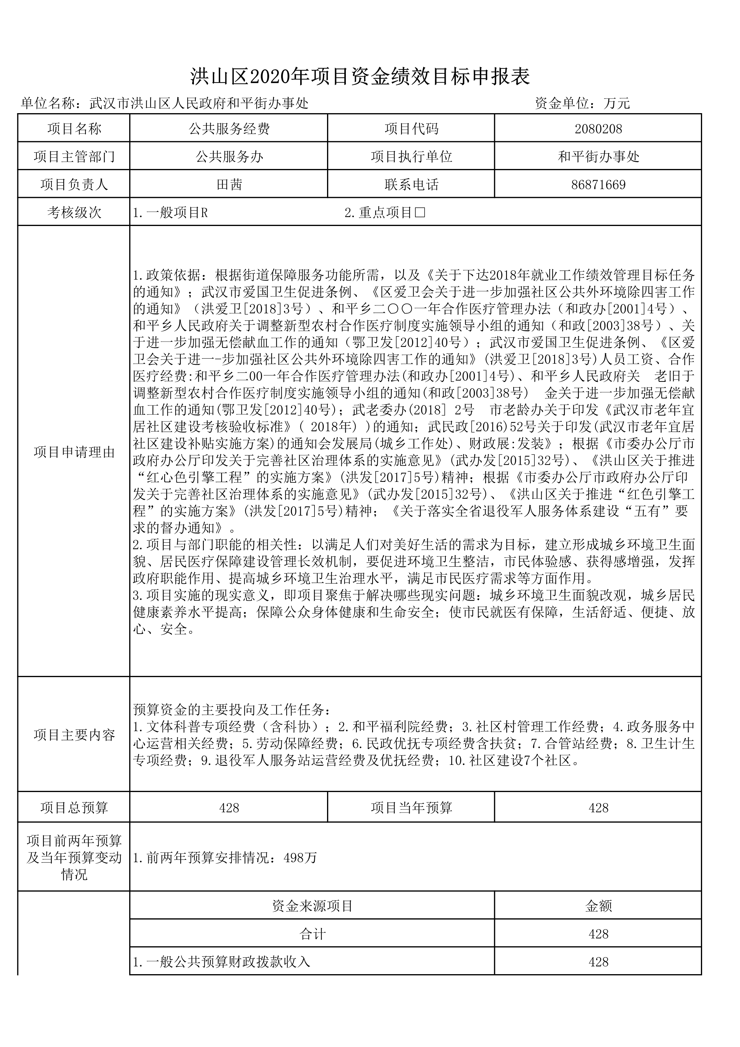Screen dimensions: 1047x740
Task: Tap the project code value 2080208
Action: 598,129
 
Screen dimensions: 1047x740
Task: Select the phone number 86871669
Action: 598,185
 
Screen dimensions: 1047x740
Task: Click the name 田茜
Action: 229,185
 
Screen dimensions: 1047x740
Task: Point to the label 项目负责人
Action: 74,185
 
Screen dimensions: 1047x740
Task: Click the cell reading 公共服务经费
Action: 229,129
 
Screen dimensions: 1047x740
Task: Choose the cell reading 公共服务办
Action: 229,157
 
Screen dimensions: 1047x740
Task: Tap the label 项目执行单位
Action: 411,157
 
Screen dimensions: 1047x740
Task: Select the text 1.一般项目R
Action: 170,213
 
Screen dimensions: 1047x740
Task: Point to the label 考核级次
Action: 74,213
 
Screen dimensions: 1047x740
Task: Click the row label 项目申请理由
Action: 74,452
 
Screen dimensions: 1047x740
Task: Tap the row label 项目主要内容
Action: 74,735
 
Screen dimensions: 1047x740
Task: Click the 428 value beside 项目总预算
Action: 229,808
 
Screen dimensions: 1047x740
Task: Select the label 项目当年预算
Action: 411,808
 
